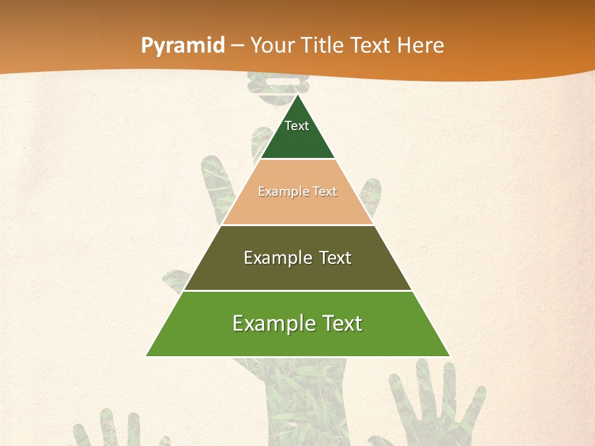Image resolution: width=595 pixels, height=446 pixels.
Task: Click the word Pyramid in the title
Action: [x=183, y=46]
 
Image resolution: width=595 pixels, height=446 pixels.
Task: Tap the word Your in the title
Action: [x=274, y=46]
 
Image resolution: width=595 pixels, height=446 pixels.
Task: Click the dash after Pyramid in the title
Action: [x=237, y=46]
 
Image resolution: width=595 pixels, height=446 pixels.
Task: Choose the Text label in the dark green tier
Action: [x=297, y=126]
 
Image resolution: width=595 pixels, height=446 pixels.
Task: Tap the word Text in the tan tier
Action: [x=325, y=191]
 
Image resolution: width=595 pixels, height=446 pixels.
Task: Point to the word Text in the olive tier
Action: [x=335, y=258]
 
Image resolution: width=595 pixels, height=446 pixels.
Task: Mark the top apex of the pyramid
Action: [x=297, y=95]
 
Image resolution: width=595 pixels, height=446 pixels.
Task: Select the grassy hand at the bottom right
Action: [x=434, y=403]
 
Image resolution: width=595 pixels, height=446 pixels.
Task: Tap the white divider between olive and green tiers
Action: [x=297, y=291]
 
